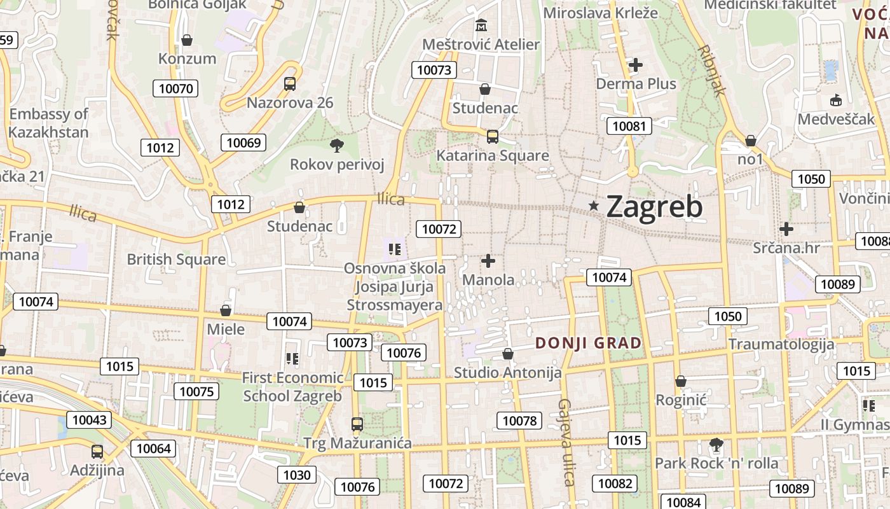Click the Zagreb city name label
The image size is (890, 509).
655,207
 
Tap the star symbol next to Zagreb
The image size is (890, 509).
594,206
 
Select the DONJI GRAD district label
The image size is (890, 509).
588,343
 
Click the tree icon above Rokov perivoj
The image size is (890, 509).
337,146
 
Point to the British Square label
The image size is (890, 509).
176,260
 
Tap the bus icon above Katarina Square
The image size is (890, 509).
492,136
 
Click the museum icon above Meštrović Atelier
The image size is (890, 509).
481,26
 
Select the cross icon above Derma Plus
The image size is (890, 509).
636,65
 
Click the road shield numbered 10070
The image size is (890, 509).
175,88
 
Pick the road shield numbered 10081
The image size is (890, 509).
629,126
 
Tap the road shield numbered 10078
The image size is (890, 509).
519,421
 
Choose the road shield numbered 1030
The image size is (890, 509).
297,475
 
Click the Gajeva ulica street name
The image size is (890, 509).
565,442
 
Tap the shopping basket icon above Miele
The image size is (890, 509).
226,310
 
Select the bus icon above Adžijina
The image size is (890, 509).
97,452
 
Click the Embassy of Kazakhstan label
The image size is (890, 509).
48,123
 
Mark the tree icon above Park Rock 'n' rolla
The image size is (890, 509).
716,444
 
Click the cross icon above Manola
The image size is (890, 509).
488,261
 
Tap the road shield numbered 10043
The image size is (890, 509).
90,420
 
